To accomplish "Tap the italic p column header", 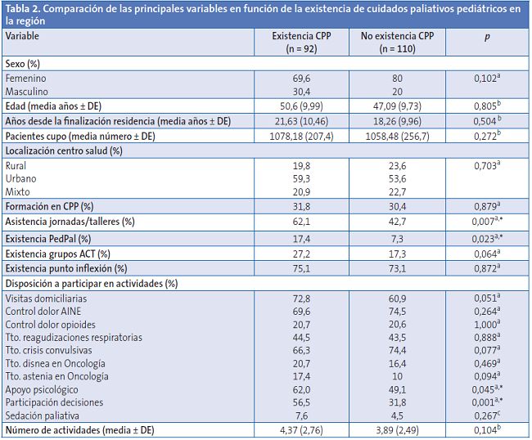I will pos(487,38).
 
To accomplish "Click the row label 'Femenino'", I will pos(26,78).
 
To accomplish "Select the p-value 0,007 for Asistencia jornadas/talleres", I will pos(488,222).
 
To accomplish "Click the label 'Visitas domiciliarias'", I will pos(46,299).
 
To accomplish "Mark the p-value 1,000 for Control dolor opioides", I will pos(488,325).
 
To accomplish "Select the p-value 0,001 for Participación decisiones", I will pos(488,402).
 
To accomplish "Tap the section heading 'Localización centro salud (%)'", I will pos(64,150).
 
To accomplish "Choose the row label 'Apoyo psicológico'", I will pos(42,389).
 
